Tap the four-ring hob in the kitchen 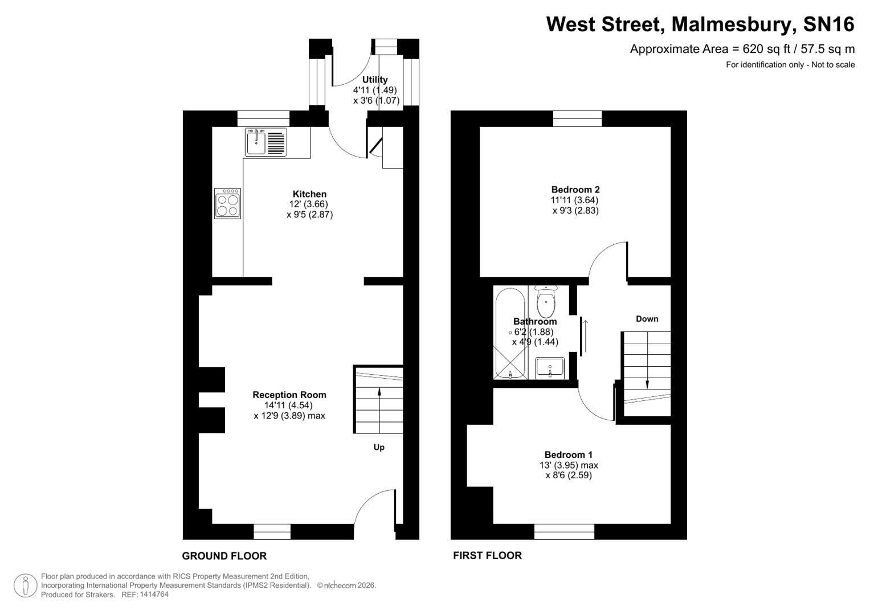pyautogui.click(x=227, y=204)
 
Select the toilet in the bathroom pyautogui.click(x=546, y=302)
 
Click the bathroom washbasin pyautogui.click(x=550, y=367)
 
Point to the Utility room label pyautogui.click(x=375, y=80)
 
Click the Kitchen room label pyautogui.click(x=309, y=194)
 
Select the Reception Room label pyautogui.click(x=289, y=395)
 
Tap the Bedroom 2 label pyautogui.click(x=575, y=190)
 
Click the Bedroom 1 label pyautogui.click(x=568, y=454)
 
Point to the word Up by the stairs pyautogui.click(x=379, y=447)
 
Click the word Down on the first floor pyautogui.click(x=647, y=319)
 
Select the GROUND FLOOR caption pyautogui.click(x=224, y=556)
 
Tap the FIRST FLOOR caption pyautogui.click(x=487, y=555)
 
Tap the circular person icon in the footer pyautogui.click(x=25, y=585)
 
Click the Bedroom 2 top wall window pyautogui.click(x=577, y=118)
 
